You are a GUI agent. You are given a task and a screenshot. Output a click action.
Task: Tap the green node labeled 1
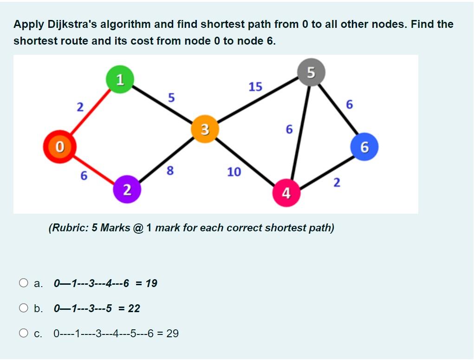(x=120, y=79)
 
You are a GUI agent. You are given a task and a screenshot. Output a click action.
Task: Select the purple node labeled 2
(x=126, y=189)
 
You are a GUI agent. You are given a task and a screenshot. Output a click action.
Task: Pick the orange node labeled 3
(x=205, y=129)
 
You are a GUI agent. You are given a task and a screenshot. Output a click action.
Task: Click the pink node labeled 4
(x=286, y=192)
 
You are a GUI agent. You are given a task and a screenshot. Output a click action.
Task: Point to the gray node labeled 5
(x=311, y=72)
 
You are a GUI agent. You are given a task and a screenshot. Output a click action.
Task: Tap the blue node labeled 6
(x=364, y=147)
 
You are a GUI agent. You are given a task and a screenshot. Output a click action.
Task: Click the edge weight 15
(x=255, y=87)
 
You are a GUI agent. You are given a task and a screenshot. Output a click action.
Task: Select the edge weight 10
(x=234, y=172)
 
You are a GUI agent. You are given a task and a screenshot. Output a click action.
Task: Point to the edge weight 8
(x=170, y=171)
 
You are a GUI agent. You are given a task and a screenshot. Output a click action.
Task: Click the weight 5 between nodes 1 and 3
(x=171, y=98)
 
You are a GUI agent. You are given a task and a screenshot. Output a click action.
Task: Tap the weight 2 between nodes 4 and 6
(x=337, y=183)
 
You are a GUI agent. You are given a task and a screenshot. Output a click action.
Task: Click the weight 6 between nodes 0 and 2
(x=84, y=176)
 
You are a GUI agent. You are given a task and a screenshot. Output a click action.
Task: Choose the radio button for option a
(x=24, y=283)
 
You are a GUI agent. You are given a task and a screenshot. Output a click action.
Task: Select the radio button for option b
(x=24, y=308)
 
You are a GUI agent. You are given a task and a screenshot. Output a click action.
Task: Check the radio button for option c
(x=24, y=333)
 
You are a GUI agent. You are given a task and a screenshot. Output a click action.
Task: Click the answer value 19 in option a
(x=151, y=283)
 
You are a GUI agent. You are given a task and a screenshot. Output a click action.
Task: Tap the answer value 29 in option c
(x=172, y=333)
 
